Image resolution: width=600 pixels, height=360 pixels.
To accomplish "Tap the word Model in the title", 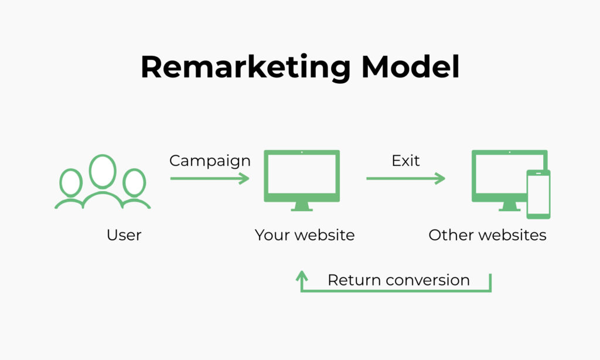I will [410, 67].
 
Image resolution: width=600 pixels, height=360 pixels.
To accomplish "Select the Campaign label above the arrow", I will [210, 161].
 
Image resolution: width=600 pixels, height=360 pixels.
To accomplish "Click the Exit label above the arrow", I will [405, 161].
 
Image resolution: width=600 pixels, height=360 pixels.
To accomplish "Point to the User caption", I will [124, 235].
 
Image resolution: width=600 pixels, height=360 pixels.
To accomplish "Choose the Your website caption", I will [305, 235].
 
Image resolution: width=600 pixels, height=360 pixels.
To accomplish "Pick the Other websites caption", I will [487, 235].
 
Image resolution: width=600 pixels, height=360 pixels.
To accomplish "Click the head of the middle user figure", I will [103, 172].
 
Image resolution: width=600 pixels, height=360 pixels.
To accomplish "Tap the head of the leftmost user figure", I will [71, 182].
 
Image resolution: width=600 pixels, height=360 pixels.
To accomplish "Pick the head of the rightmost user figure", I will [134, 182].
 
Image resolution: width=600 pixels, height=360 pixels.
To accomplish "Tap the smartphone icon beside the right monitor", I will [538, 193].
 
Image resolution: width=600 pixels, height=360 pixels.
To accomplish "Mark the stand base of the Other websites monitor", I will [509, 209].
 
